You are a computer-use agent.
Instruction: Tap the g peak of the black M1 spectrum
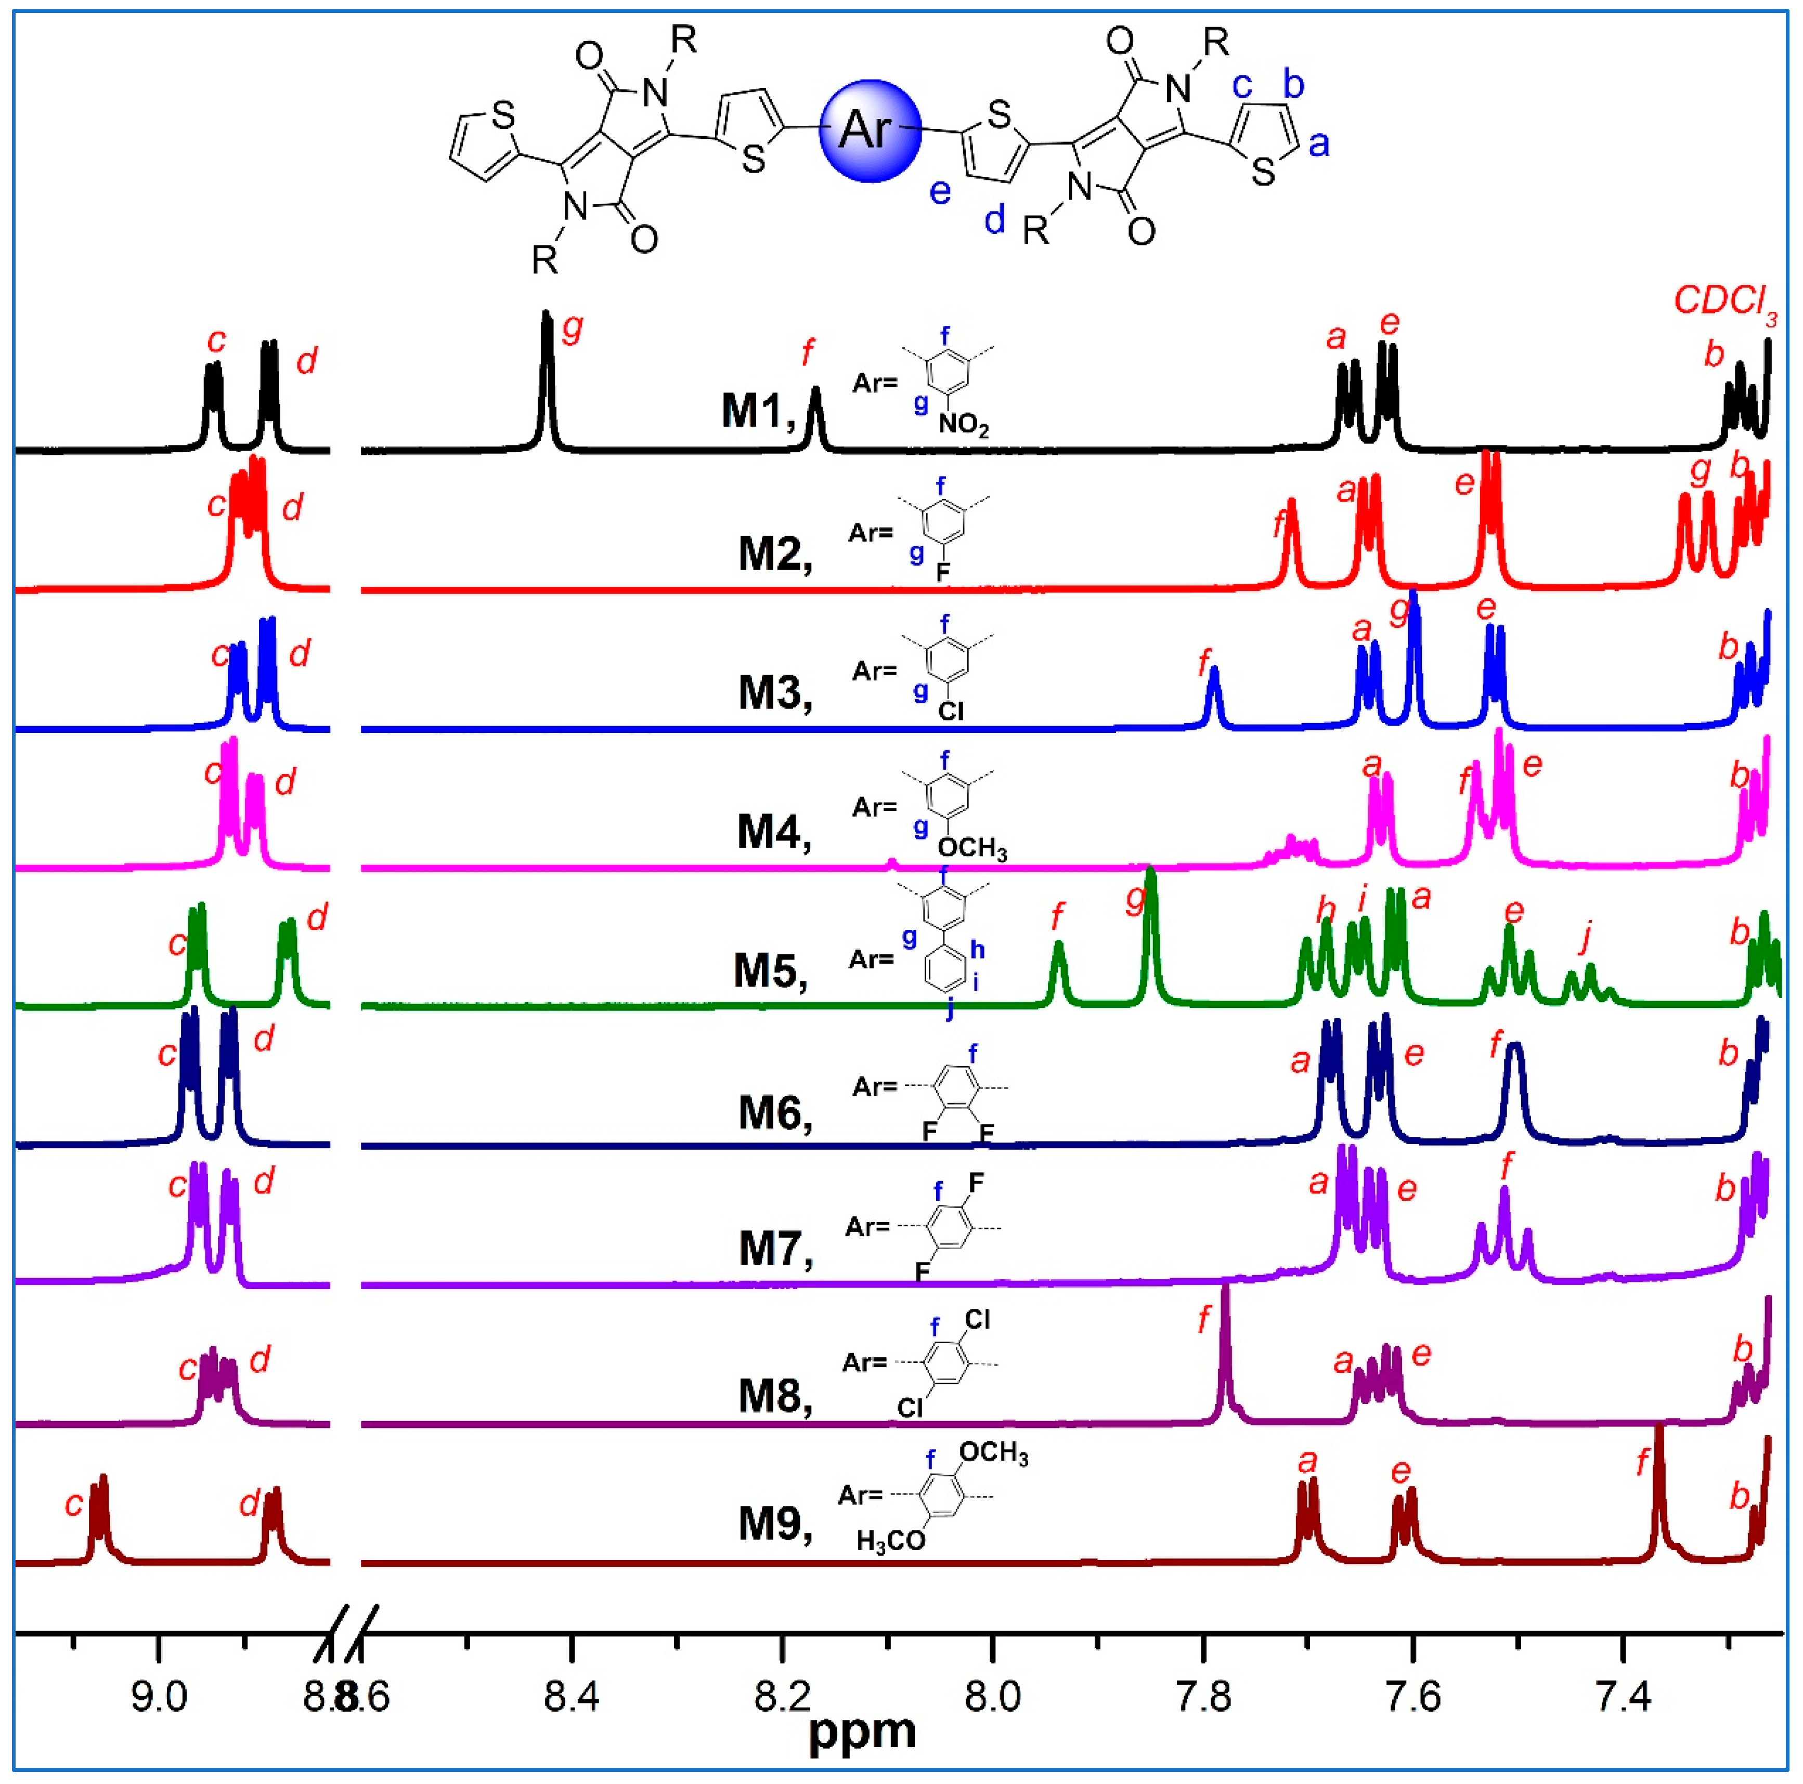pyautogui.click(x=547, y=373)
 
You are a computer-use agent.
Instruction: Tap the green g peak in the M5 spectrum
pyautogui.click(x=1150, y=933)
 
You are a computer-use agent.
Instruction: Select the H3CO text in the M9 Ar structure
pyautogui.click(x=890, y=1541)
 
